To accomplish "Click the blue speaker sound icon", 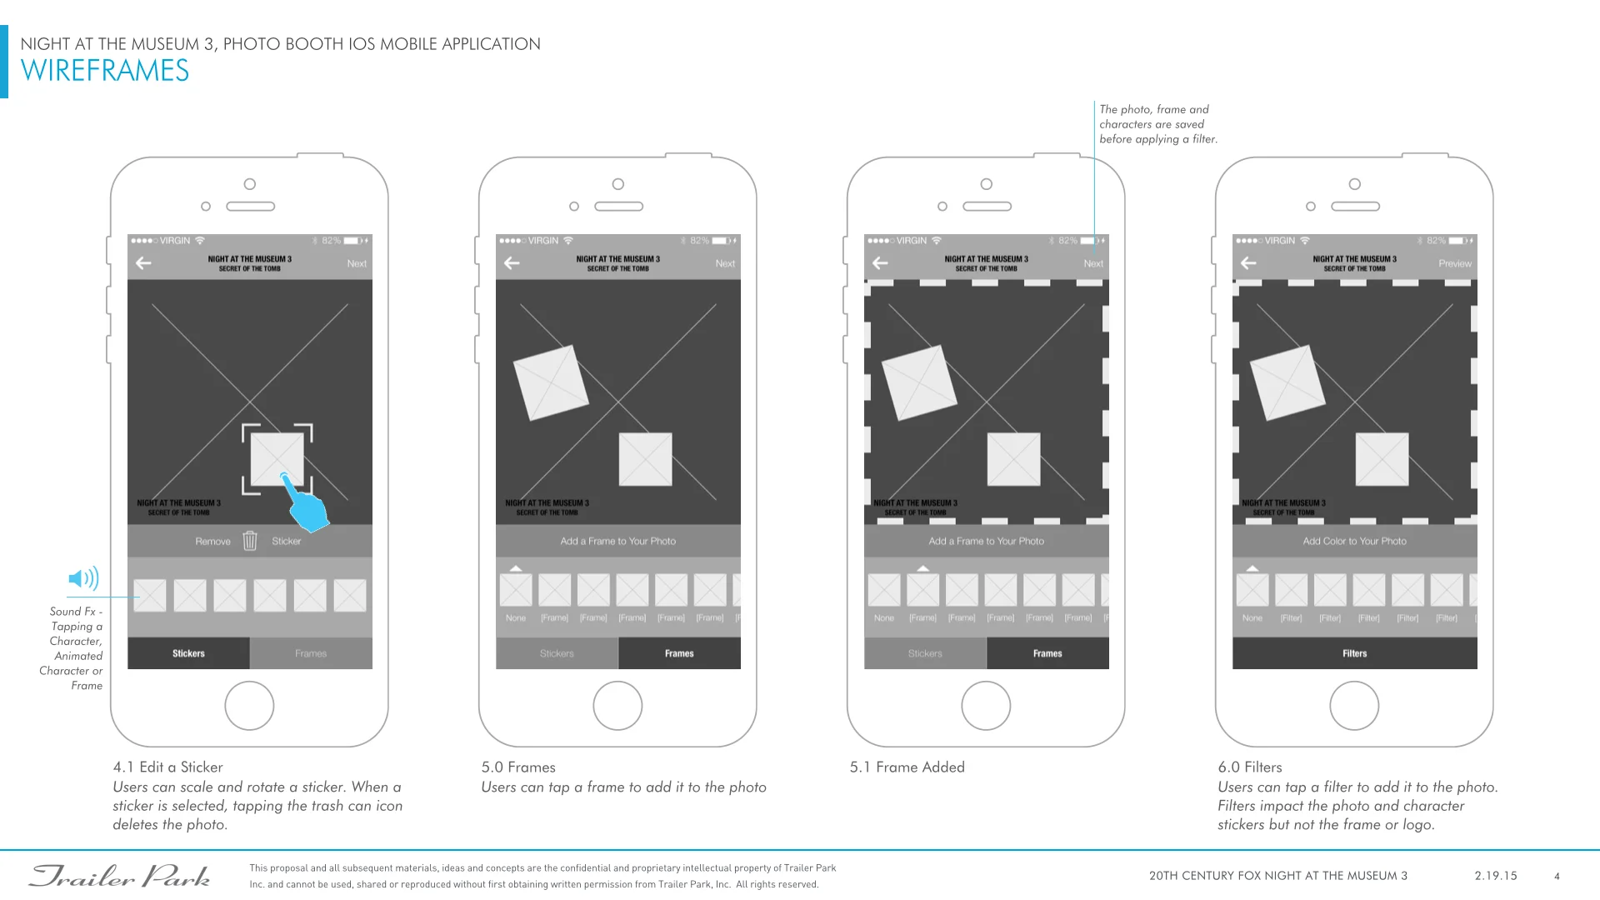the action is pyautogui.click(x=83, y=578).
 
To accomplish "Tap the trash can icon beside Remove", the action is pyautogui.click(x=250, y=541).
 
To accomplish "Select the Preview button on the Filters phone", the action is pyautogui.click(x=1454, y=263).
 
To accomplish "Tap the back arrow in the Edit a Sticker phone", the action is pyautogui.click(x=144, y=263).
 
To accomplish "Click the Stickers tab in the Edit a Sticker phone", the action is pyautogui.click(x=188, y=653).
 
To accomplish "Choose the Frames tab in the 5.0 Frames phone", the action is pyautogui.click(x=679, y=653).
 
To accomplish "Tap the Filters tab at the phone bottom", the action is pyautogui.click(x=1354, y=653).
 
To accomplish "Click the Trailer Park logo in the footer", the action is pyautogui.click(x=120, y=876).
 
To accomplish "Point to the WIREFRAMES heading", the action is pyautogui.click(x=105, y=71).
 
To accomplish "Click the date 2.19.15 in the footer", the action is pyautogui.click(x=1496, y=876).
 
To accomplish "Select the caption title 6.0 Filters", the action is pyautogui.click(x=1250, y=767).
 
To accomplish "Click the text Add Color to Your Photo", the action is pyautogui.click(x=1354, y=541).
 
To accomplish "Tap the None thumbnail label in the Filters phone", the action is pyautogui.click(x=1252, y=618).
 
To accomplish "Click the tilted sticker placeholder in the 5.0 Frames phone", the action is pyautogui.click(x=551, y=382).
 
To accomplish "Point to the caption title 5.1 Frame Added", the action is pyautogui.click(x=907, y=767).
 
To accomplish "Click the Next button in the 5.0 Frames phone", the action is pyautogui.click(x=725, y=263).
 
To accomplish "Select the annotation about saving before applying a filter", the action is pyautogui.click(x=1157, y=124).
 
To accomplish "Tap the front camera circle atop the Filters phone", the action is pyautogui.click(x=1354, y=184).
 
